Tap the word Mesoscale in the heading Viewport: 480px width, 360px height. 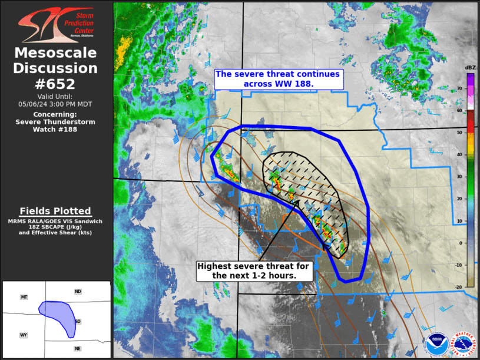55,53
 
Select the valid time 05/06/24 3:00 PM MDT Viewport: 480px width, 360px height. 55,104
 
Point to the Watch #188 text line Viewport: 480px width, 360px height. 55,130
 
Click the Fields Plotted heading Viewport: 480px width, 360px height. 55,211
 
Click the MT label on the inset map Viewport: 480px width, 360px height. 24,297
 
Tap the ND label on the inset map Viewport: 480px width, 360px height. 77,292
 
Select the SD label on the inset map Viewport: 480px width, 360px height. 79,321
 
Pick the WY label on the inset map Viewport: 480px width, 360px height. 24,335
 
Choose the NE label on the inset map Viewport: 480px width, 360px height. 77,349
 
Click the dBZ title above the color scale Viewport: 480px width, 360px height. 470,68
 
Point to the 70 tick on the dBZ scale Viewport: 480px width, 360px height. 459,88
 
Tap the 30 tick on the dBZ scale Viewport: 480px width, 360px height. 459,176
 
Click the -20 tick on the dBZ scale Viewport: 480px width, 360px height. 458,286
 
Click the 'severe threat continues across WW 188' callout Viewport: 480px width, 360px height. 278,79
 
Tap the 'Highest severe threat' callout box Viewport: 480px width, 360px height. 253,271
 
